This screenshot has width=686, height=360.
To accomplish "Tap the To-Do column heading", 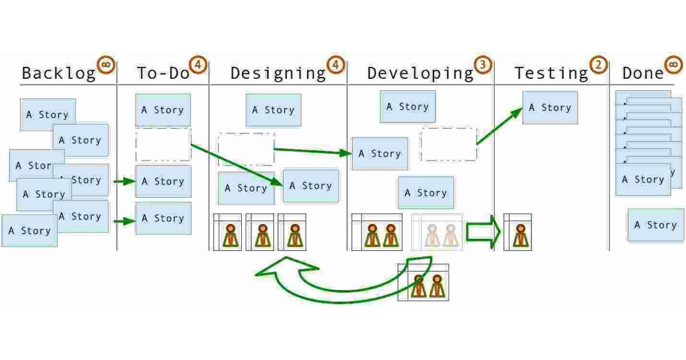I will click(x=163, y=74).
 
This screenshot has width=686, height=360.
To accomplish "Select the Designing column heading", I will click(x=278, y=74).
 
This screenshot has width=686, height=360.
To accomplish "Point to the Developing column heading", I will click(x=420, y=74).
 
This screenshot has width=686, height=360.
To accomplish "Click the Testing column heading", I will click(x=551, y=74).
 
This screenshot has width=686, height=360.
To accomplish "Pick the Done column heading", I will click(x=643, y=74).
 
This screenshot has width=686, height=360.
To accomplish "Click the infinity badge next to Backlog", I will click(x=106, y=64).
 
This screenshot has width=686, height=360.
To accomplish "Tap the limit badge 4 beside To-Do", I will click(x=198, y=65).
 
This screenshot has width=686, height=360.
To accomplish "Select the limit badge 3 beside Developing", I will click(x=483, y=65).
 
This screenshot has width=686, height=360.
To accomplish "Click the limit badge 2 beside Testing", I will click(x=599, y=65).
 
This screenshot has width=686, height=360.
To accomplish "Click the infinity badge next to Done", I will click(x=673, y=64).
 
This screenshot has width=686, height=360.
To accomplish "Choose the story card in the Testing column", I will click(x=550, y=107).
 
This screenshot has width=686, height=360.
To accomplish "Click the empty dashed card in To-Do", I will click(x=163, y=144).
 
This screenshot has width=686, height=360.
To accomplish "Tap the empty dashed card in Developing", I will click(x=449, y=144).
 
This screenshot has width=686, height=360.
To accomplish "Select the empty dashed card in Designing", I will click(x=246, y=149).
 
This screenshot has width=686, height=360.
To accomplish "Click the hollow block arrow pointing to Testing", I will click(x=483, y=231).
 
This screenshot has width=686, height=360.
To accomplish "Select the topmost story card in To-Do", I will click(x=163, y=110).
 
